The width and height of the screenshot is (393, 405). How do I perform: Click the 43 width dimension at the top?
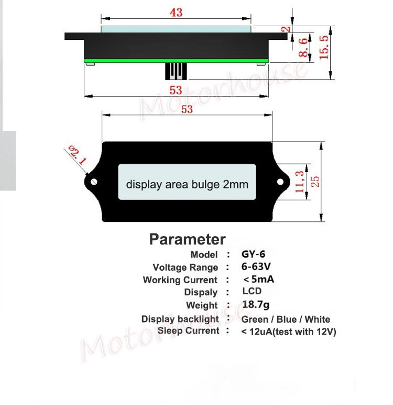click(x=176, y=13)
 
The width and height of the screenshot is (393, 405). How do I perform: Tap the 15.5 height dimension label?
click(x=324, y=47)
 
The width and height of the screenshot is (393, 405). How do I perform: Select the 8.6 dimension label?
click(x=303, y=47)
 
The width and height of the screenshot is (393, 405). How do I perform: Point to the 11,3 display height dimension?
click(x=300, y=182)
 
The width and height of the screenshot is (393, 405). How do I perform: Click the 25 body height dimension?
click(x=315, y=182)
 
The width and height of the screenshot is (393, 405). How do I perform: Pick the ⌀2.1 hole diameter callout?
click(x=77, y=155)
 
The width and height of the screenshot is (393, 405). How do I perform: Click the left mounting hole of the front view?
click(x=94, y=182)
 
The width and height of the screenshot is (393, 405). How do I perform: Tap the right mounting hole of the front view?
click(x=280, y=182)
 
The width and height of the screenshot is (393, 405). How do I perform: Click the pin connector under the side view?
click(x=176, y=71)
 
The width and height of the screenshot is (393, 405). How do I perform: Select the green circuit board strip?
click(x=176, y=61)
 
